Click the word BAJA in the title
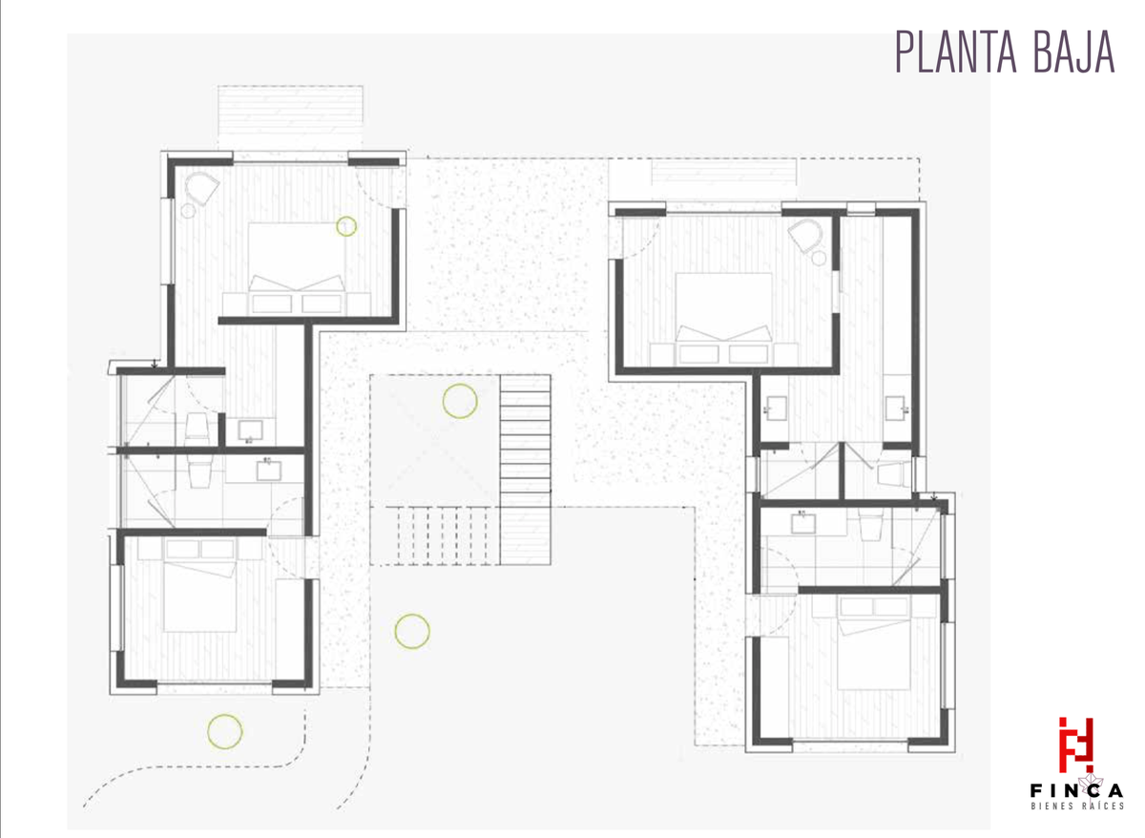coord(1075,52)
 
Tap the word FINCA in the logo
coord(1077,791)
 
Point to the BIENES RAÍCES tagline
coord(1077,807)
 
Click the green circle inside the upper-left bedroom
coord(346,225)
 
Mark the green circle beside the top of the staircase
coord(460,401)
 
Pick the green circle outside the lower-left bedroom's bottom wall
coord(225,732)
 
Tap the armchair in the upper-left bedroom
coord(202,188)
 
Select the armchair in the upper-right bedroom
coord(805,235)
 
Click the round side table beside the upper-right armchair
coord(819,259)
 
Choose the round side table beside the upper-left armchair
coord(188,211)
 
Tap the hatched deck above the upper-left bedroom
coord(290,110)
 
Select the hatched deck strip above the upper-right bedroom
coord(724,172)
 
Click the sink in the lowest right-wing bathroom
coord(803,523)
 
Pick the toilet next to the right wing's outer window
coord(895,474)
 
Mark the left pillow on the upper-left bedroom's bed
coord(272,304)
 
